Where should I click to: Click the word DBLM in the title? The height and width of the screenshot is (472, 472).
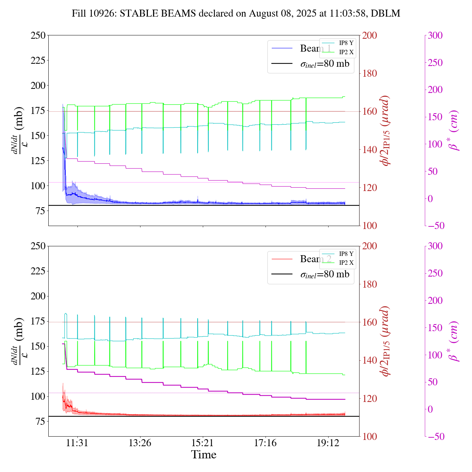385,14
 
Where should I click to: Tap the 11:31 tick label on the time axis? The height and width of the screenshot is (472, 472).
77,443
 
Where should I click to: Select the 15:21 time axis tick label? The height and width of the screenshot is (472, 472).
203,443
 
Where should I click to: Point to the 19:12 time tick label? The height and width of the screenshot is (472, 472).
328,443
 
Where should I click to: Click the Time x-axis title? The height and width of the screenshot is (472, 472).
204,455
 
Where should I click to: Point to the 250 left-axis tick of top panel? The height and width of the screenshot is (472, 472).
38,35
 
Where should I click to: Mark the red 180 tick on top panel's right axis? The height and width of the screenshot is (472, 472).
369,73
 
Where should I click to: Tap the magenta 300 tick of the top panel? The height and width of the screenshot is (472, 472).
435,35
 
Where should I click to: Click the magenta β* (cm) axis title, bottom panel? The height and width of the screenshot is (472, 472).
454,341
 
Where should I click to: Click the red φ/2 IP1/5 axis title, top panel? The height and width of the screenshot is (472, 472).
386,131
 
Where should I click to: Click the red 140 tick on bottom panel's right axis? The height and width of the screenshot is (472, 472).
369,360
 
